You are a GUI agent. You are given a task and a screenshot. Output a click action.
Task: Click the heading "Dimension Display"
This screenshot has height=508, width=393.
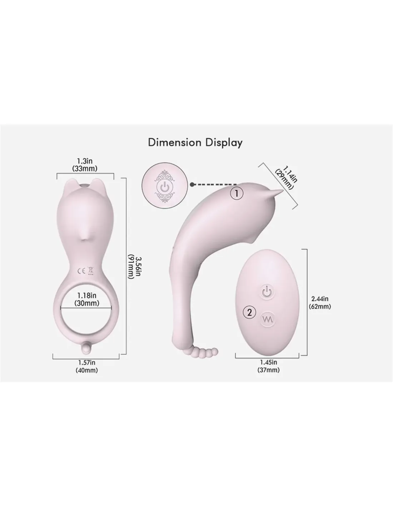click(195, 143)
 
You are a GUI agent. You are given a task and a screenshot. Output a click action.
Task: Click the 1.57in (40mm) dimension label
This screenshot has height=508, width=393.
click(87, 366)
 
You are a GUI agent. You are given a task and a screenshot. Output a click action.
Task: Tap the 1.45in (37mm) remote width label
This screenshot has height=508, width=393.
click(268, 366)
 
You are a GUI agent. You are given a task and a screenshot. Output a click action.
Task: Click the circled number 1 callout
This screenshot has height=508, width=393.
click(237, 193)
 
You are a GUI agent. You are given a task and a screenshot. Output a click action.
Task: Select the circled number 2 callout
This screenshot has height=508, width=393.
click(249, 312)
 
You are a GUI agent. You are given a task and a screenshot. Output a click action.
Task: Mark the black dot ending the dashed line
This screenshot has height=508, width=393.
click(192, 185)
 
